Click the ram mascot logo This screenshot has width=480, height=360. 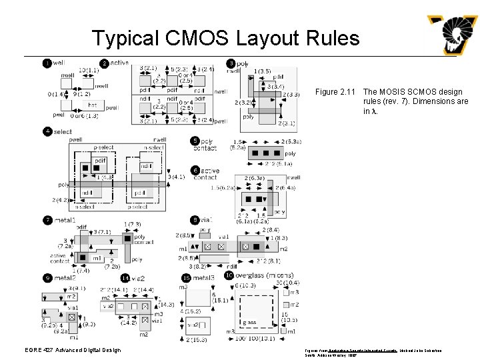click(453, 34)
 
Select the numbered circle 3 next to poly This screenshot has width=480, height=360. click(231, 63)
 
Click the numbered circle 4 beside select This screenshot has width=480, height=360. click(47, 131)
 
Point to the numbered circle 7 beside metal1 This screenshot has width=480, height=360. click(47, 219)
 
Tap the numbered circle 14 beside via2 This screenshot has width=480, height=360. click(125, 277)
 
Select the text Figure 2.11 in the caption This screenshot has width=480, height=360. click(337, 92)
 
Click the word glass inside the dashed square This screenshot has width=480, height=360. click(249, 322)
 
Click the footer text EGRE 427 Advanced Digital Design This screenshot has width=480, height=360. click(77, 350)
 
